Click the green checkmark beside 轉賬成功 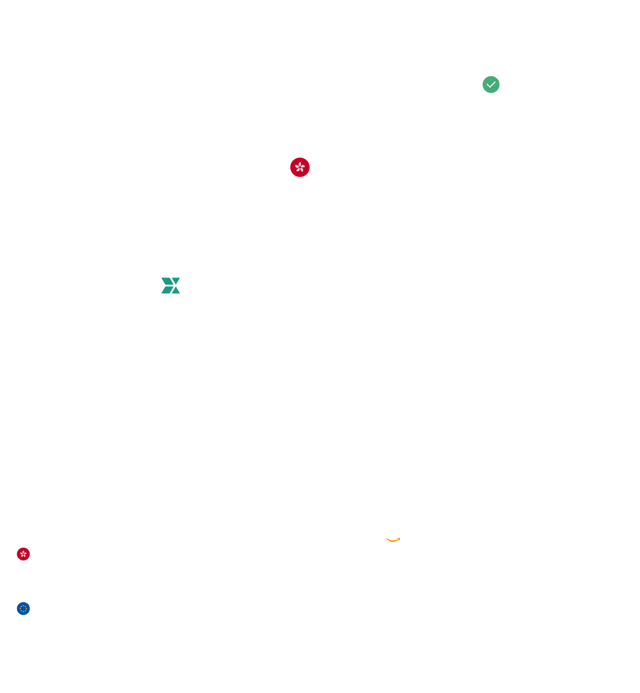click(x=491, y=85)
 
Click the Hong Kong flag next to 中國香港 click(x=300, y=167)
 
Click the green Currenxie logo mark click(x=170, y=285)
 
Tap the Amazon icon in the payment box click(x=393, y=535)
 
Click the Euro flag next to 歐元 click(x=24, y=608)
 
